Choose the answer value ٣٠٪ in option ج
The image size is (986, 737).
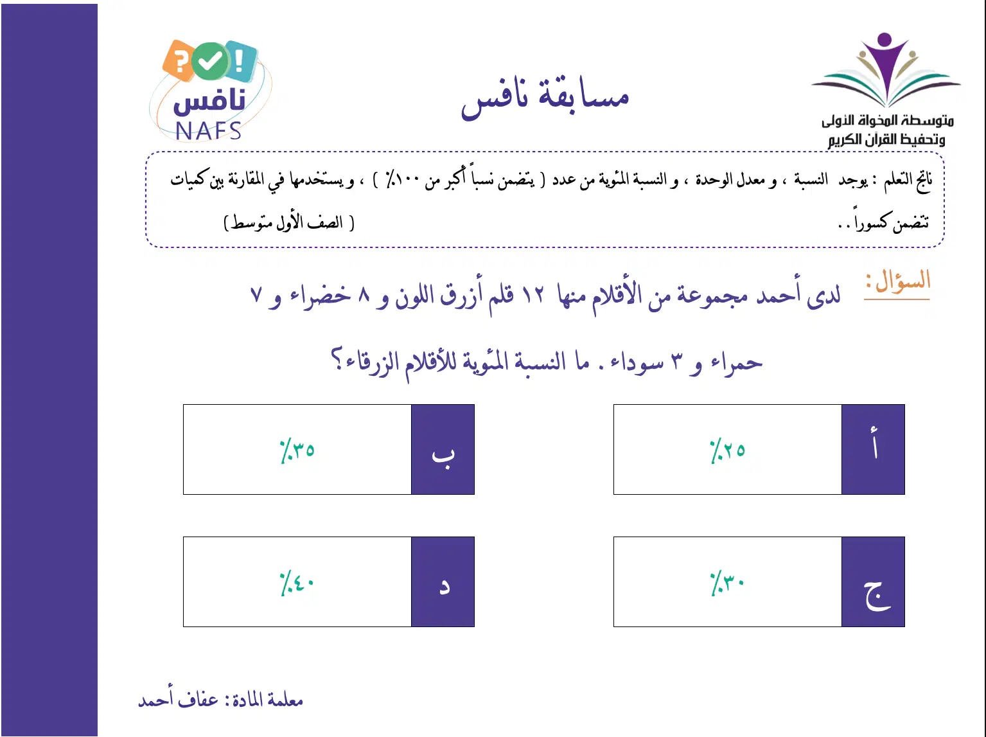coord(727,583)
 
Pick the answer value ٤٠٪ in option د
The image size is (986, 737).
coord(297,583)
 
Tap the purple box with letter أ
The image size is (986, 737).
coord(873,449)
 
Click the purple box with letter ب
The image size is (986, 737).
coord(443,449)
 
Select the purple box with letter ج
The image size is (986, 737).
coord(873,582)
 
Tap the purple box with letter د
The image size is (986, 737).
coord(443,582)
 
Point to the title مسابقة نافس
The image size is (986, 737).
coord(545,98)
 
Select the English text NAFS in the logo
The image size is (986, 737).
coord(208,131)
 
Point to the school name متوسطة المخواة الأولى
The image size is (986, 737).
coord(888,120)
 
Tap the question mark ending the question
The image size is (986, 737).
coord(337,358)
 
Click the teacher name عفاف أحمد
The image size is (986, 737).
coord(178,699)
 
